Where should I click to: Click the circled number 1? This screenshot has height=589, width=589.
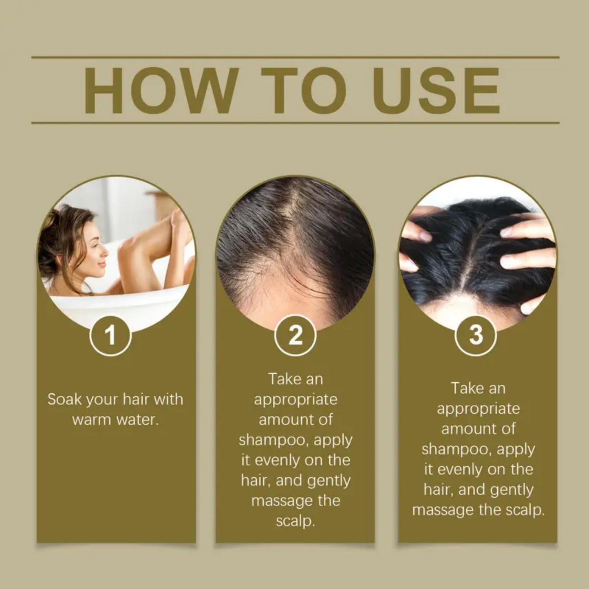pos(110,335)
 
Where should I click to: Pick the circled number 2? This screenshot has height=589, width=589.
pos(295,335)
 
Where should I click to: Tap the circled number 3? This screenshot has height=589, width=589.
pos(475,335)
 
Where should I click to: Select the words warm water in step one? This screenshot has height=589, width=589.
pos(115,420)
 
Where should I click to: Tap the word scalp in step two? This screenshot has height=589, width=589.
pos(295,521)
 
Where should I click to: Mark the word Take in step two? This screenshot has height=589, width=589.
pos(282,379)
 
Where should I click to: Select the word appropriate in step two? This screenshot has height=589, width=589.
pos(296,400)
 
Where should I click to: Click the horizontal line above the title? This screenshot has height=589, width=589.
pos(295,57)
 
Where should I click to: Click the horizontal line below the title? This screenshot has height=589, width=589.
pos(295,122)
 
